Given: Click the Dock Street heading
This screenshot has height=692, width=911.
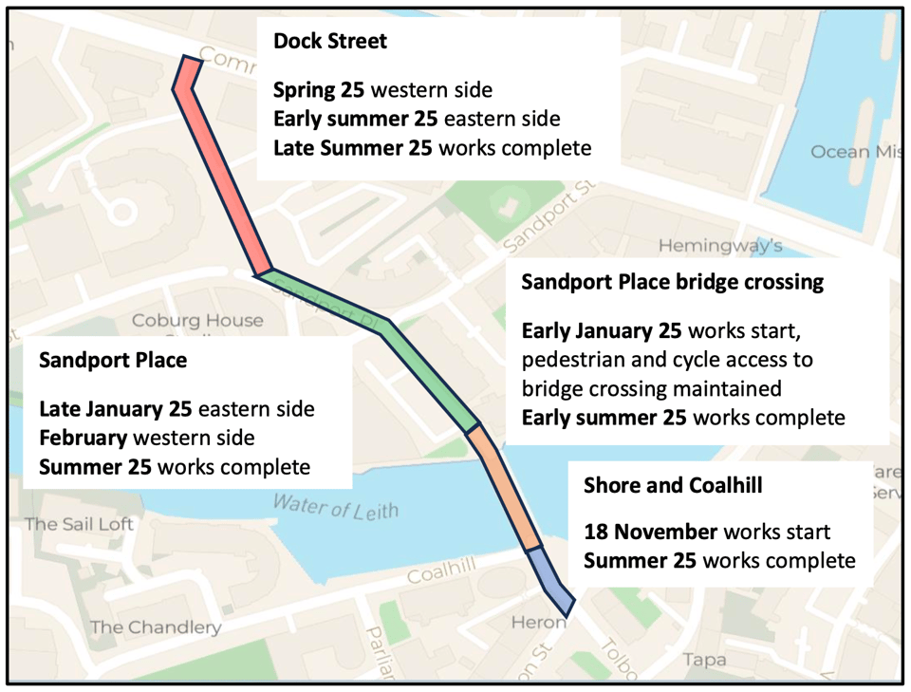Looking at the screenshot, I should point(329,42).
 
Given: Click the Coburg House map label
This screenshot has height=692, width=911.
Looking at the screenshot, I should point(197,321).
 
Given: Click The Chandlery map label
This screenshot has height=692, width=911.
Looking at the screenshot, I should point(156,627).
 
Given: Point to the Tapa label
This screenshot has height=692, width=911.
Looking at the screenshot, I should point(704,660).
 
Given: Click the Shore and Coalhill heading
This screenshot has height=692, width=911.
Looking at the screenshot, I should point(673,486).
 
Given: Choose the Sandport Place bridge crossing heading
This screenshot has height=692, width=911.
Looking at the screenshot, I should point(672,283).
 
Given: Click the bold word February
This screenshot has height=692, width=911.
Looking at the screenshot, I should point(84,438).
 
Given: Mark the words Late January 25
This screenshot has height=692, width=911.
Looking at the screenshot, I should point(116,409).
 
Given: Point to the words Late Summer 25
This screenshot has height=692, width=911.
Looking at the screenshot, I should point(353,148).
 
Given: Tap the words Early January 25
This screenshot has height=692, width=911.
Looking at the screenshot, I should point(602,331).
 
